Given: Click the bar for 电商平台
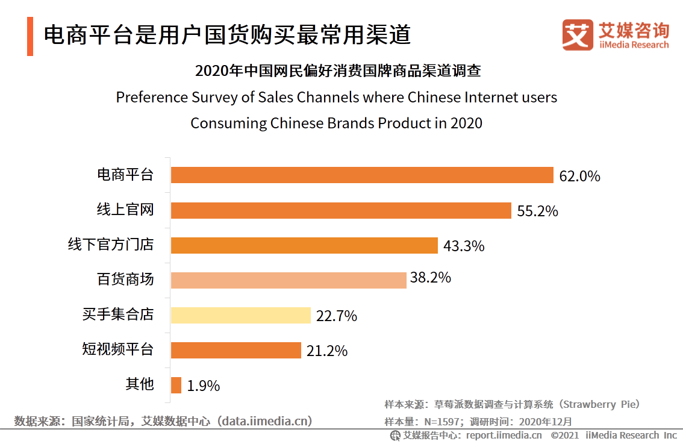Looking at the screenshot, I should coord(361,175).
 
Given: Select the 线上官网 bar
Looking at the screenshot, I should coord(341,210).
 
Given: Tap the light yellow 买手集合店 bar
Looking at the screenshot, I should coord(240,315).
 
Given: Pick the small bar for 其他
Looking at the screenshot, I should coord(176,385).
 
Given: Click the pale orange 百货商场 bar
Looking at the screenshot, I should coord(288,280).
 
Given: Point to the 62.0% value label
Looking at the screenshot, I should coord(579,177).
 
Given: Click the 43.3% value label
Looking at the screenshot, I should coord(464,246).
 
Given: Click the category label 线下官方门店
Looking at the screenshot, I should coord(110,245).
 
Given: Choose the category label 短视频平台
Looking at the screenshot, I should coord(117,349).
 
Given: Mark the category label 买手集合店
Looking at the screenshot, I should coord(117,314).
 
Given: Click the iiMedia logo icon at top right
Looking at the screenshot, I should coord(578,35).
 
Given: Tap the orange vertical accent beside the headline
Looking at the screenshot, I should coord(30,36).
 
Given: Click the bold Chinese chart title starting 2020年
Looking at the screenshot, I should coord(338,70).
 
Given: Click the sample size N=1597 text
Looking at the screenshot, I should coord(444,422).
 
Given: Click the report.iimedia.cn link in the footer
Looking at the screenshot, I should coord(504,435).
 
